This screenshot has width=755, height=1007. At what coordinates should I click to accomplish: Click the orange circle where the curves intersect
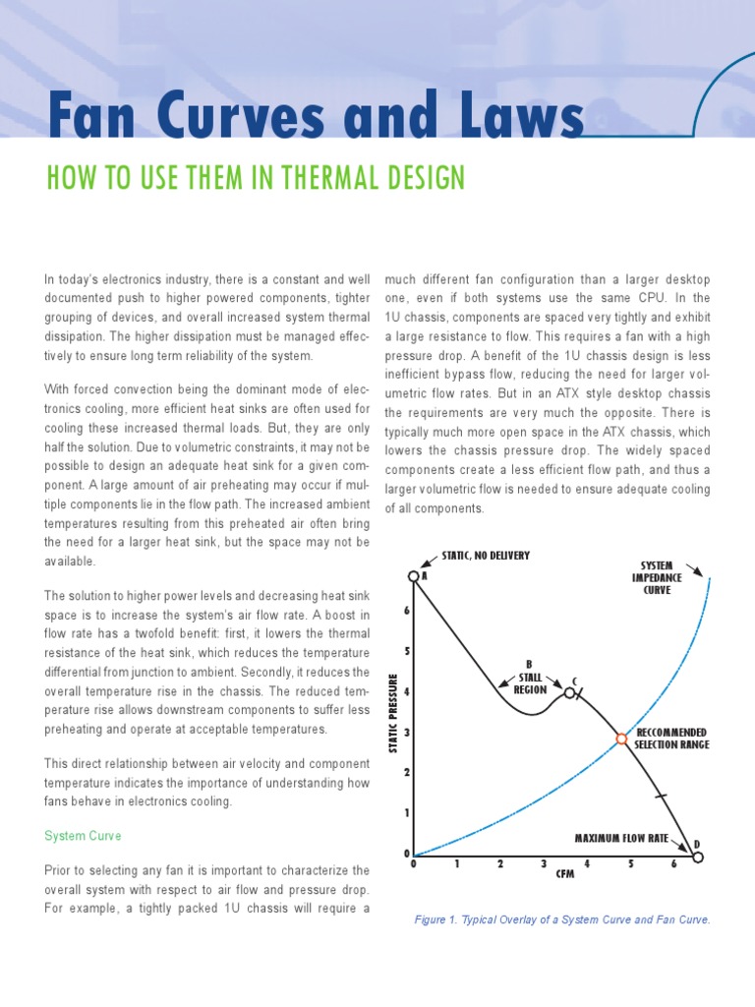coord(621,739)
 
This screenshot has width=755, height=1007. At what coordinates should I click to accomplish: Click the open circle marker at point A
coord(414,577)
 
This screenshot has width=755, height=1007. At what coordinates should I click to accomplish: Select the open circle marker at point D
coord(698,858)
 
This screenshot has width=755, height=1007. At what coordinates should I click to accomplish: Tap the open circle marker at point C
coord(569,692)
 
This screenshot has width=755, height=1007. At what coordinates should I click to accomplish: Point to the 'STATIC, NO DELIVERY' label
coord(486,556)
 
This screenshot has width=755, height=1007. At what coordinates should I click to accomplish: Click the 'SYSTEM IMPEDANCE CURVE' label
coord(657,578)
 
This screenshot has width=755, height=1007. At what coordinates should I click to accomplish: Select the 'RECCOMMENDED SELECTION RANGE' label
coord(671,739)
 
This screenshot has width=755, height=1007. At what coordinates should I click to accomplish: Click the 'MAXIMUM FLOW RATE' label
coord(621,839)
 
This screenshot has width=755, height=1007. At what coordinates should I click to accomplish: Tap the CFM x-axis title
coord(565,873)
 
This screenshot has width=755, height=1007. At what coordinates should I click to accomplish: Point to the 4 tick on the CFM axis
coord(587,864)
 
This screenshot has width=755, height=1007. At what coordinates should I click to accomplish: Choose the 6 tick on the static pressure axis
coord(406,612)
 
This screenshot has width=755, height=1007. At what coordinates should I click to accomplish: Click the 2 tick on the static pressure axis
coord(406,773)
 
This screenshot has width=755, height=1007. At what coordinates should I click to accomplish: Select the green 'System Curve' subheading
coord(83,836)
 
